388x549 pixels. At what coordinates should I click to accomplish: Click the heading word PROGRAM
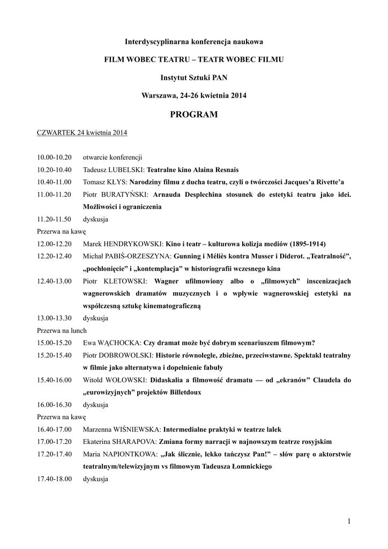[x=193, y=114]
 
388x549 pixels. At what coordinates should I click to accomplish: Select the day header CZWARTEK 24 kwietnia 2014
[x=81, y=132]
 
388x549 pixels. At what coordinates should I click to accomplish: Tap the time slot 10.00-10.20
[x=54, y=158]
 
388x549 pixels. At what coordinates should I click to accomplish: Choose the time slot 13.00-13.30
[x=54, y=318]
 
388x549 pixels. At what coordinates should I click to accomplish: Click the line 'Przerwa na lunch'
[x=62, y=330]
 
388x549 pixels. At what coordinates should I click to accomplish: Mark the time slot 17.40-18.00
[x=54, y=479]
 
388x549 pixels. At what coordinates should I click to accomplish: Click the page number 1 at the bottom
[x=349, y=521]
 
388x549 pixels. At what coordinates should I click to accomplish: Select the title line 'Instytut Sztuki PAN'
[x=193, y=78]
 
